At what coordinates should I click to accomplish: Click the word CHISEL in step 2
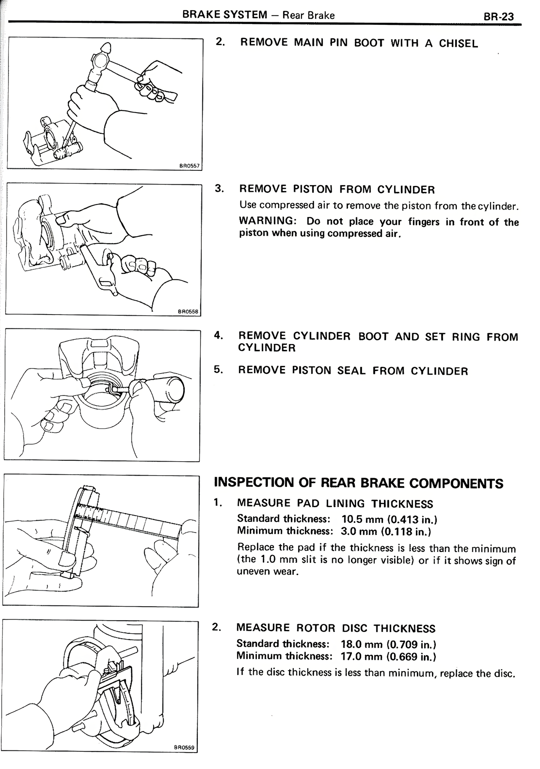pos(458,44)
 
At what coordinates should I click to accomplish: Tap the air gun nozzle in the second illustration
pos(88,253)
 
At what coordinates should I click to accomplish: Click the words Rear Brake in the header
pos(308,16)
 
